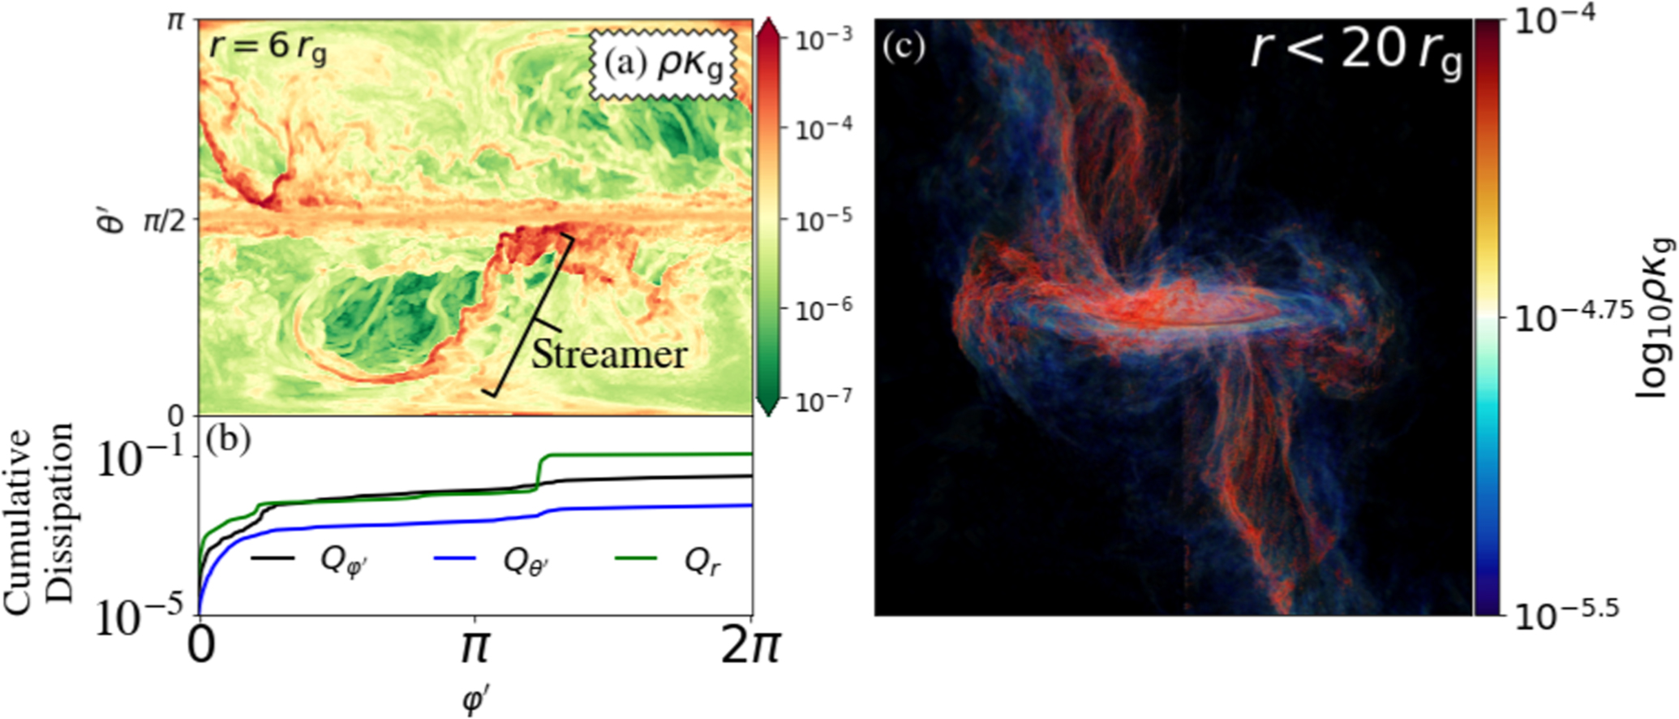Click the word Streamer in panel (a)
(608, 355)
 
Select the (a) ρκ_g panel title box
(663, 65)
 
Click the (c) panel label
(904, 49)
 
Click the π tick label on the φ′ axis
(474, 650)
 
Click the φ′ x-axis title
(474, 700)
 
